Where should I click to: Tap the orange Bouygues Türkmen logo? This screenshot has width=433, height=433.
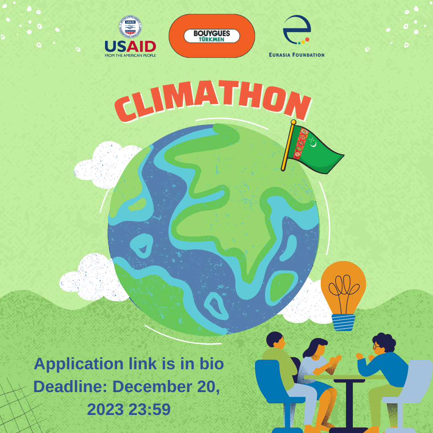212,36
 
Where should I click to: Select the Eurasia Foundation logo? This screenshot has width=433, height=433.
297,36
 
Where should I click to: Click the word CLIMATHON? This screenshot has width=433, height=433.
212,102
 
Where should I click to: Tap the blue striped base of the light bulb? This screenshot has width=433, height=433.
343,322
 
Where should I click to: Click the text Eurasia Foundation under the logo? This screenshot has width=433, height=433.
297,55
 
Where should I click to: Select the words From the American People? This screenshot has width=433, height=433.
130,55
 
